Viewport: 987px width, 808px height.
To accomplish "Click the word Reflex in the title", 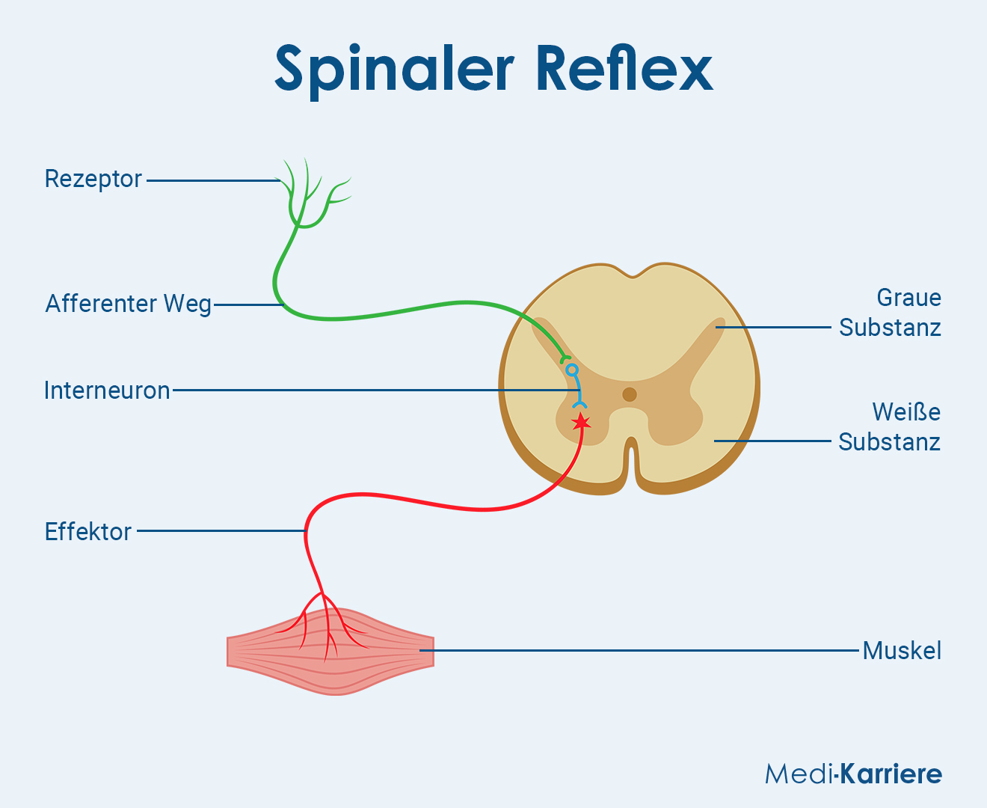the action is point(625,67).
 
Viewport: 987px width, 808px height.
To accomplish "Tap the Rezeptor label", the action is point(93,180).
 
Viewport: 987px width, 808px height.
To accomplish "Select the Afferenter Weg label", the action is point(128,304).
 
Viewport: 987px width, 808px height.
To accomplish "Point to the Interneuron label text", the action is point(107,391).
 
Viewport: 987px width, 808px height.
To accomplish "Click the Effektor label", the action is point(88,532).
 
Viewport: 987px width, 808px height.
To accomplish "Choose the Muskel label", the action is point(902,651).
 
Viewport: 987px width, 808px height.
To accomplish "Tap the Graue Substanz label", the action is point(890,313).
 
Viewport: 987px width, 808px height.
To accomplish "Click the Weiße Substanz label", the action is point(889,426).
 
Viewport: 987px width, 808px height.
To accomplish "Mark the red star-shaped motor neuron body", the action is point(581,422).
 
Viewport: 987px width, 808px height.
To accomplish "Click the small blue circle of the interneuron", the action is point(572,370).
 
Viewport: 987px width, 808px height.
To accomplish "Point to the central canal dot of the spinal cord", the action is point(630,394).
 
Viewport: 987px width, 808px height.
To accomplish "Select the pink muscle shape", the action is point(330,652).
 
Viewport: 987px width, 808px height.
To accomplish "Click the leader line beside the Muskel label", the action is point(639,651).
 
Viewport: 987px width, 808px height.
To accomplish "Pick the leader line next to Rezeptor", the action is point(213,180).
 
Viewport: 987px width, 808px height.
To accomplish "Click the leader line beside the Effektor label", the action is point(222,530).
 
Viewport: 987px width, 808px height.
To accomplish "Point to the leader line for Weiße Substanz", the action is point(772,441).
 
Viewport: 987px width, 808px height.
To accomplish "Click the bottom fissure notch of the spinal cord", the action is point(632,464).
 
